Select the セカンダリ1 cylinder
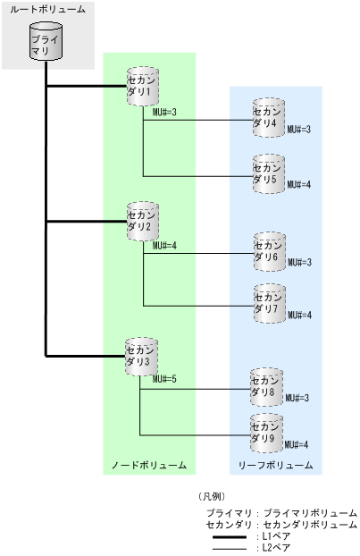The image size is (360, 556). (142, 87)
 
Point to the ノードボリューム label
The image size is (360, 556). (148, 466)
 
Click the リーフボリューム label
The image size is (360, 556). (275, 466)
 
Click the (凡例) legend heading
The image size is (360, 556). (212, 495)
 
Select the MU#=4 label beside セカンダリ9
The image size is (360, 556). (298, 444)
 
